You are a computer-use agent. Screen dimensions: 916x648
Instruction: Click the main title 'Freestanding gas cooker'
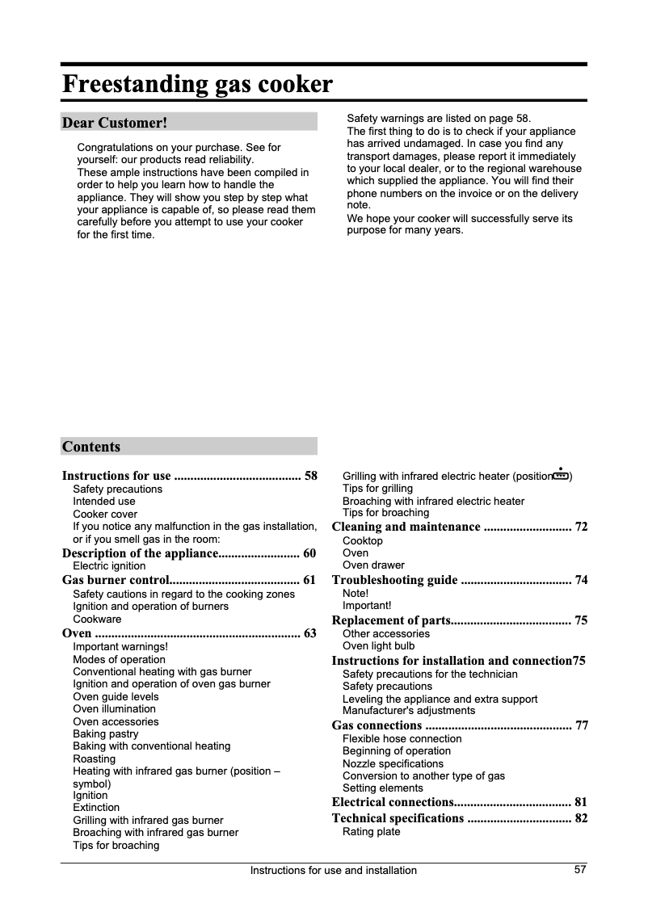click(x=197, y=84)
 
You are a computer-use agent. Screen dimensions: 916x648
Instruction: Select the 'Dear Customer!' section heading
click(x=114, y=123)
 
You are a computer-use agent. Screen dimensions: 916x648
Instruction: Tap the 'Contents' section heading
click(x=91, y=447)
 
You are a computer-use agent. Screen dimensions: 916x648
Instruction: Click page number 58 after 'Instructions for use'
click(x=310, y=476)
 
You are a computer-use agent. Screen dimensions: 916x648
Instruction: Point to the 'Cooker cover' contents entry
click(x=105, y=514)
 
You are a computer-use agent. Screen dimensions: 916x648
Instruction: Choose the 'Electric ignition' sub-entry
click(x=109, y=566)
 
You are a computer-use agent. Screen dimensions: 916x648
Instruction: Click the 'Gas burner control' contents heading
click(x=116, y=580)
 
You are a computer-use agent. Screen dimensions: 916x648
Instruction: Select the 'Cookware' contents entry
click(x=97, y=619)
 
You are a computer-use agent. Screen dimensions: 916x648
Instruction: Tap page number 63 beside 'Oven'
click(x=310, y=633)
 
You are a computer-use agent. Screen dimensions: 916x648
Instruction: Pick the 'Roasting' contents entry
click(x=94, y=758)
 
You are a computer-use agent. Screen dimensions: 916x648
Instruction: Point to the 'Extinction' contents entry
click(x=96, y=807)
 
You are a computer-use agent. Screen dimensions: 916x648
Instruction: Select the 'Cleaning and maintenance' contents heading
click(x=406, y=527)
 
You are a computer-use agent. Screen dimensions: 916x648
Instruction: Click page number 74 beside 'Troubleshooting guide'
click(x=580, y=580)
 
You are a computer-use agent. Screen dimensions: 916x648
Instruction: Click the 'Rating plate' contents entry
click(x=371, y=831)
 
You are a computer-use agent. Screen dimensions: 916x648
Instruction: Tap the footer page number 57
click(x=580, y=869)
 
